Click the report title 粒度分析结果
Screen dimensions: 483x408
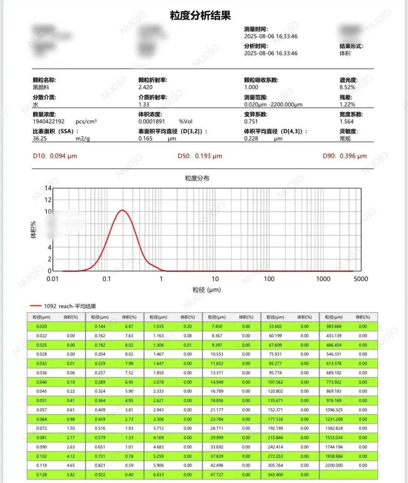click(x=200, y=16)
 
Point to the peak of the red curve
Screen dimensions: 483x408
click(x=122, y=210)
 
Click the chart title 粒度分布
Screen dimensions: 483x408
click(x=197, y=178)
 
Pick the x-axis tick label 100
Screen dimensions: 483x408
click(x=269, y=279)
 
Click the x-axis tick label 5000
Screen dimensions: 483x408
click(x=361, y=279)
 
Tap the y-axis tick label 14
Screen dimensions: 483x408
click(x=48, y=188)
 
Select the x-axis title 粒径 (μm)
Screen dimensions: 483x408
click(x=207, y=290)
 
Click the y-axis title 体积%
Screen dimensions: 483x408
click(x=34, y=230)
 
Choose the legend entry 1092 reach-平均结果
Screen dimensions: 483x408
click(x=70, y=306)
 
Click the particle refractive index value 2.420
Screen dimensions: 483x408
click(x=145, y=87)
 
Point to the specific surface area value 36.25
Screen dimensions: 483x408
click(x=40, y=138)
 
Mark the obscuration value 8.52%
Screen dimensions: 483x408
click(x=347, y=87)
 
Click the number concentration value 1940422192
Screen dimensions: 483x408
click(x=49, y=121)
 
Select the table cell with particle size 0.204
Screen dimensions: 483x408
click(x=100, y=354)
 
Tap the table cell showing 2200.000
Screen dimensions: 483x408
click(x=334, y=465)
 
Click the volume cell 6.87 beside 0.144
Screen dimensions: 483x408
click(x=129, y=326)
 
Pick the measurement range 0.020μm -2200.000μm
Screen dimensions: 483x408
click(x=273, y=104)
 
